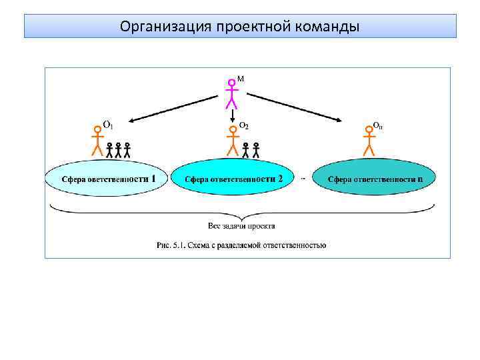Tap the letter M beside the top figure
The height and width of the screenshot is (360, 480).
pyautogui.click(x=241, y=79)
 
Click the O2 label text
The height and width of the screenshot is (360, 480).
pyautogui.click(x=244, y=126)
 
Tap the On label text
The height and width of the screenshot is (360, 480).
pyautogui.click(x=377, y=125)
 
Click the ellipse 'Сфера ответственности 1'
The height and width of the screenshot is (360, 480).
pyautogui.click(x=105, y=179)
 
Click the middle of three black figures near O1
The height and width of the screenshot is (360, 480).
pyautogui.click(x=119, y=149)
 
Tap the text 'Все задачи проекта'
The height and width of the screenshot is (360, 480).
pyautogui.click(x=242, y=225)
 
